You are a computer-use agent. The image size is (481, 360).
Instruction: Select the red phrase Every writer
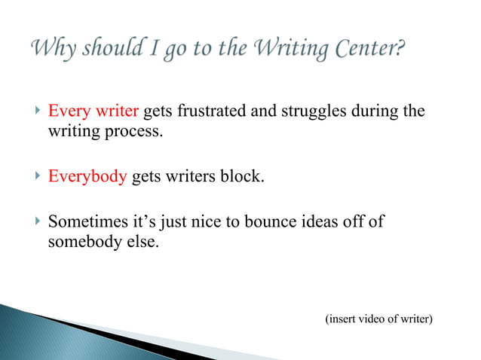click(x=93, y=112)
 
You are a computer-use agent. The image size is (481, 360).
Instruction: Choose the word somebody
click(x=81, y=243)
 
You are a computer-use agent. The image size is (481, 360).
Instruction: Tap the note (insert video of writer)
click(x=378, y=319)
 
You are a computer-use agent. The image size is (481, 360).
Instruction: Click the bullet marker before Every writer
click(x=38, y=112)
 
